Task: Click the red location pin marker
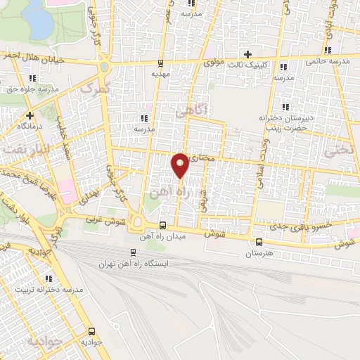181,165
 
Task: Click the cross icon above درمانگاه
30,115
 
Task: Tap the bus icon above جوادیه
91,331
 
